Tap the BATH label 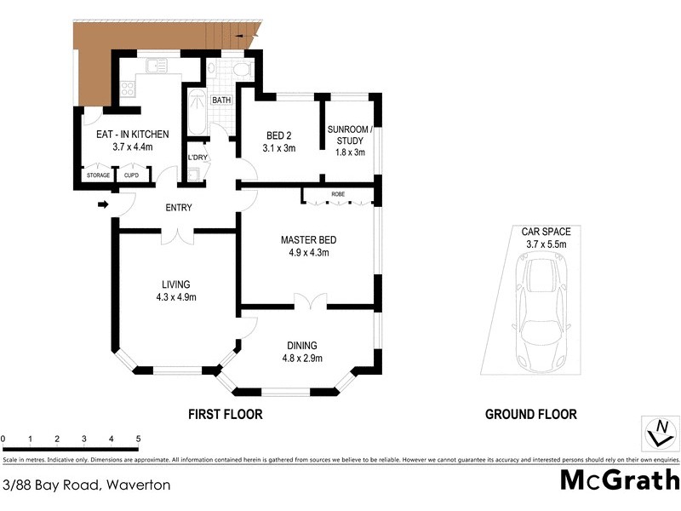coord(221,100)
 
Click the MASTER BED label coord(305,240)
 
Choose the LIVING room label coord(177,284)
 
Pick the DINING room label coord(301,345)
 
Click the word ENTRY coord(179,208)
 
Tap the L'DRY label coord(197,158)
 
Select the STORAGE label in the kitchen coord(98,175)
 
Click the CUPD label coord(131,175)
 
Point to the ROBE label coord(338,194)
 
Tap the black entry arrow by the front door coord(102,204)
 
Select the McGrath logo coord(619,479)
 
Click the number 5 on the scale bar coord(138,439)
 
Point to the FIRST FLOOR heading coord(224,415)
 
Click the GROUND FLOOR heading coord(530,415)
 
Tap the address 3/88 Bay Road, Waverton coord(87,485)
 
